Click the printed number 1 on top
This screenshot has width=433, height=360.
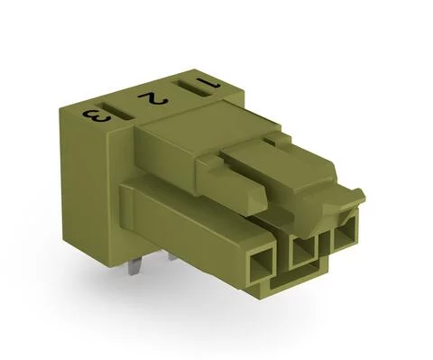click(x=210, y=84)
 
